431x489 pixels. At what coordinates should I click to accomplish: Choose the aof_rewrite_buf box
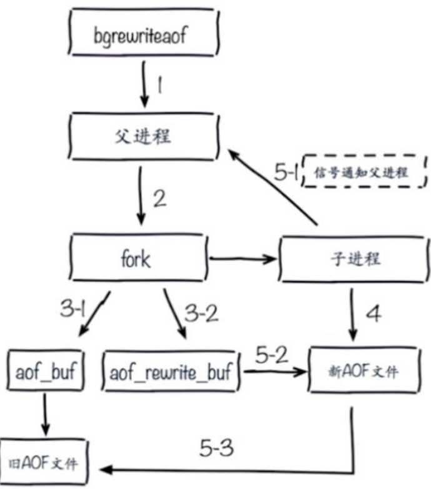(x=172, y=373)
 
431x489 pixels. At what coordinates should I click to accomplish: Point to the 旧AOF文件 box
(x=44, y=465)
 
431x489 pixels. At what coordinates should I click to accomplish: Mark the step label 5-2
(x=274, y=355)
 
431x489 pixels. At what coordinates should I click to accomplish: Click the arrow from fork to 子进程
(x=243, y=257)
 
